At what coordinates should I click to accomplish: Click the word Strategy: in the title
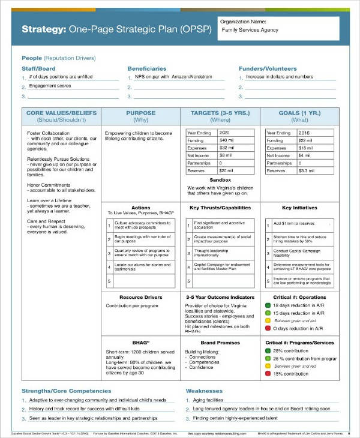(43, 29)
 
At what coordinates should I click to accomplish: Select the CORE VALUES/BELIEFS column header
(61, 113)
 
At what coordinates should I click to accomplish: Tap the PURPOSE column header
(140, 113)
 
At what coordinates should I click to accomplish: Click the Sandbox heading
(220, 180)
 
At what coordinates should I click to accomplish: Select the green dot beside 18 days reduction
(268, 305)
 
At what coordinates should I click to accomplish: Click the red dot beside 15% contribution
(268, 374)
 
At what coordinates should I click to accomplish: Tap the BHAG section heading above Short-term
(140, 342)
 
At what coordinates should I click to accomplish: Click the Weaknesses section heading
(204, 391)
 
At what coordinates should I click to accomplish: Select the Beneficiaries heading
(147, 68)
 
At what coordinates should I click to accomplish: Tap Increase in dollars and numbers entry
(280, 77)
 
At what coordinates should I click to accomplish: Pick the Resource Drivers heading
(140, 297)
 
